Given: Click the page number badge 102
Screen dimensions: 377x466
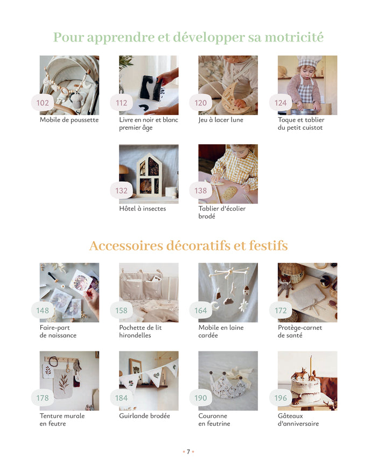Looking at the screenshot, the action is click(x=43, y=103).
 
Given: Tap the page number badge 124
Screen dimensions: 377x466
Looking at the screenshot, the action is click(x=281, y=103).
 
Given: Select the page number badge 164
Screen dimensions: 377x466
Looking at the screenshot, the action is click(x=201, y=310).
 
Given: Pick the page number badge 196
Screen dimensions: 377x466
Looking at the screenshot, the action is click(x=281, y=398).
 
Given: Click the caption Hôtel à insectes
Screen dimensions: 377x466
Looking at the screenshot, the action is click(x=143, y=209).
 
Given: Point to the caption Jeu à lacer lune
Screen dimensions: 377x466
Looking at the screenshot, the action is click(x=221, y=120).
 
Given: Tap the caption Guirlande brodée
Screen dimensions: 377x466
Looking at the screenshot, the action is click(x=145, y=416).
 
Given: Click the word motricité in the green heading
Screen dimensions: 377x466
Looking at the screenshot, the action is click(x=294, y=38).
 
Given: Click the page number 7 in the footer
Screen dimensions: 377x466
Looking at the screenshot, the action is click(x=188, y=451).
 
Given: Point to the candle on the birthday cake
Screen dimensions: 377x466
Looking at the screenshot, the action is click(x=311, y=364).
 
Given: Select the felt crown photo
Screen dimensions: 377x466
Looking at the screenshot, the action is click(x=228, y=380).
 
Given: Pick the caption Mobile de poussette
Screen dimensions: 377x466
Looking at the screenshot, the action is click(x=69, y=120).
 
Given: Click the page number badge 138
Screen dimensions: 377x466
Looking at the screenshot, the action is click(x=201, y=190).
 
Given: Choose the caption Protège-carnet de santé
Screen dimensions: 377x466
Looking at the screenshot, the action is click(x=300, y=331).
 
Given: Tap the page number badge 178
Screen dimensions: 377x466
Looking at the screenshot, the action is click(x=43, y=398).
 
